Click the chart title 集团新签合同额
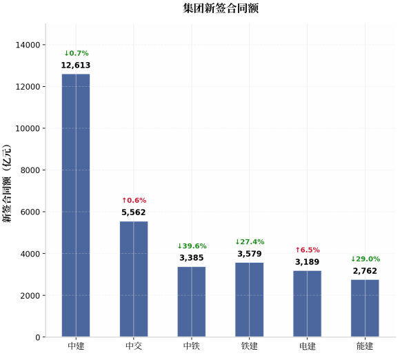point(221,8)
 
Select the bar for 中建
point(76,206)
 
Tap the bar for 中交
point(134,279)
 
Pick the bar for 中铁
point(192,301)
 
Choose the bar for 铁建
point(250,299)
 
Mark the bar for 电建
point(307,303)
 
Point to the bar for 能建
point(365,308)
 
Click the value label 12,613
point(76,65)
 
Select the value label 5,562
point(134,212)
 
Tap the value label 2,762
point(365,271)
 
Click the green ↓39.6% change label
point(192,246)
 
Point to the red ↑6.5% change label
point(308,250)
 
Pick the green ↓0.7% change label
point(77,53)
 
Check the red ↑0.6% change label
point(134,201)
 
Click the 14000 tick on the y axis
point(28,45)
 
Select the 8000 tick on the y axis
point(30,170)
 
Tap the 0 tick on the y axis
point(38,337)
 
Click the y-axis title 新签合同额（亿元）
point(7,183)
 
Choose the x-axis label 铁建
point(250,346)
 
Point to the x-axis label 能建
point(365,346)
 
